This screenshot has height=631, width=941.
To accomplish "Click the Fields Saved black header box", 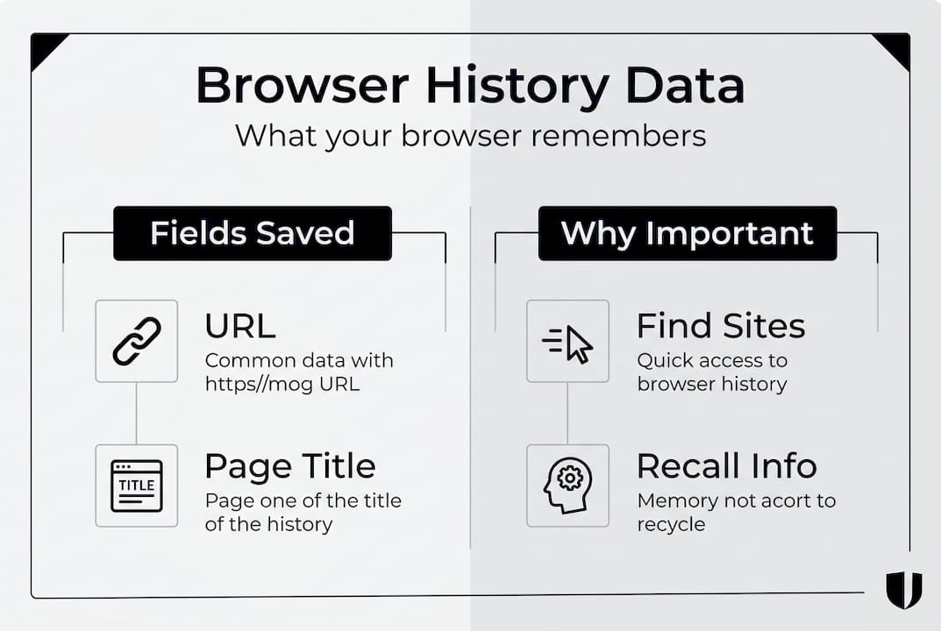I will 252,233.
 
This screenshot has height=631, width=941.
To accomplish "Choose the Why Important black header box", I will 688,233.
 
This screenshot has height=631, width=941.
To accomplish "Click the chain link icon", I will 137,341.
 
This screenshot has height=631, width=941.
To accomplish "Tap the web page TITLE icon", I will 137,486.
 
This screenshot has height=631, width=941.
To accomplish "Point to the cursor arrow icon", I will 568,342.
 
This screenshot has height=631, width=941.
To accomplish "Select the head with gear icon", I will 567,486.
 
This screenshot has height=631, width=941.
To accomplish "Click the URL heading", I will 239,327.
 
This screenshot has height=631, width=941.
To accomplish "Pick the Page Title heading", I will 289,466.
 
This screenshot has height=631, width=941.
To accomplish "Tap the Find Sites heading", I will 720,327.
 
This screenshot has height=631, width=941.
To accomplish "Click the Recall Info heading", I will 726,466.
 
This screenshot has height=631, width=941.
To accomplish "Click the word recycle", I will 671,524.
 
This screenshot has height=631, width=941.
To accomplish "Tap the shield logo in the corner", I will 903,589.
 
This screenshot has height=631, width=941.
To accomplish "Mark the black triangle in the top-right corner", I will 895,47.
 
